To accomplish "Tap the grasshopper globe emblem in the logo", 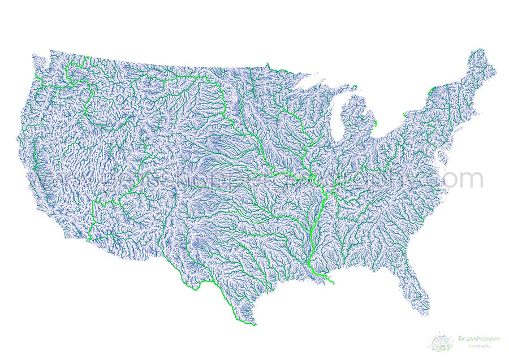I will tap(441, 342).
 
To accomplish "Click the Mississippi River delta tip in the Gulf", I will tap(333, 282).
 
